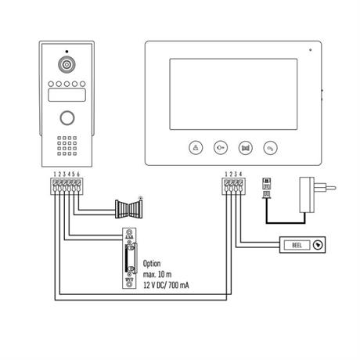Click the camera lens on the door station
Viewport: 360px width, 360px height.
coord(67,64)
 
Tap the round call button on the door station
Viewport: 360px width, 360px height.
coord(67,118)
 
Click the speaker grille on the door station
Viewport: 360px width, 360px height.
coord(67,146)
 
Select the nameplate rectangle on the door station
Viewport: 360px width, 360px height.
coord(67,95)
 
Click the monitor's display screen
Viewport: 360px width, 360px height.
coord(233,94)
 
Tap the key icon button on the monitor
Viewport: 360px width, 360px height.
coord(221,148)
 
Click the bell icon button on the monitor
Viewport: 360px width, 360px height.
coord(196,148)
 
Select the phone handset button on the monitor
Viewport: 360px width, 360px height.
coord(271,148)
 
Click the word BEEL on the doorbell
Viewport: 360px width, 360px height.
coord(297,245)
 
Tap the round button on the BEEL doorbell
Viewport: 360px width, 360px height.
coord(318,245)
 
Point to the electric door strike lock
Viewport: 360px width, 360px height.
coord(130,258)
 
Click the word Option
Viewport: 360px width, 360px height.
coord(152,264)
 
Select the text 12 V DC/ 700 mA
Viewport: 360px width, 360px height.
coord(166,285)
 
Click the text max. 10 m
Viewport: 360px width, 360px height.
coord(157,275)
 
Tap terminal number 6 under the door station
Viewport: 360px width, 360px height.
coord(78,174)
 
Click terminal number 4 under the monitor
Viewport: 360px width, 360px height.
coord(240,174)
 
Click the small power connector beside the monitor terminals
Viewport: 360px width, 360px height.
coord(267,189)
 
